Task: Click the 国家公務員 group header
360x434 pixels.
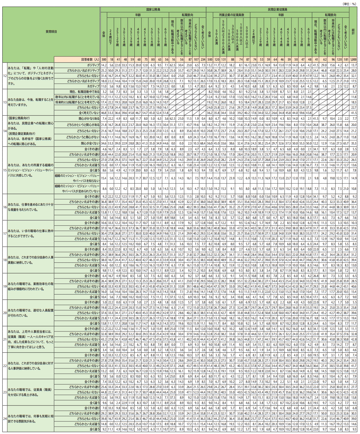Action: click(x=153, y=9)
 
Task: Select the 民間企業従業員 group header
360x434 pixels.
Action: click(x=277, y=9)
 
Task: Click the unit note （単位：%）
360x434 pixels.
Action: click(x=349, y=4)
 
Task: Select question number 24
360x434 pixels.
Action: click(x=5, y=419)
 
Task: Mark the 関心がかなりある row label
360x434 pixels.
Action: click(x=89, y=119)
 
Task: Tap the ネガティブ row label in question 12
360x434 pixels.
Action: click(x=93, y=87)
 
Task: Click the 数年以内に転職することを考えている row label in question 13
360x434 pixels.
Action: click(x=77, y=97)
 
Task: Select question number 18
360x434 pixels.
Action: click(x=5, y=260)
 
